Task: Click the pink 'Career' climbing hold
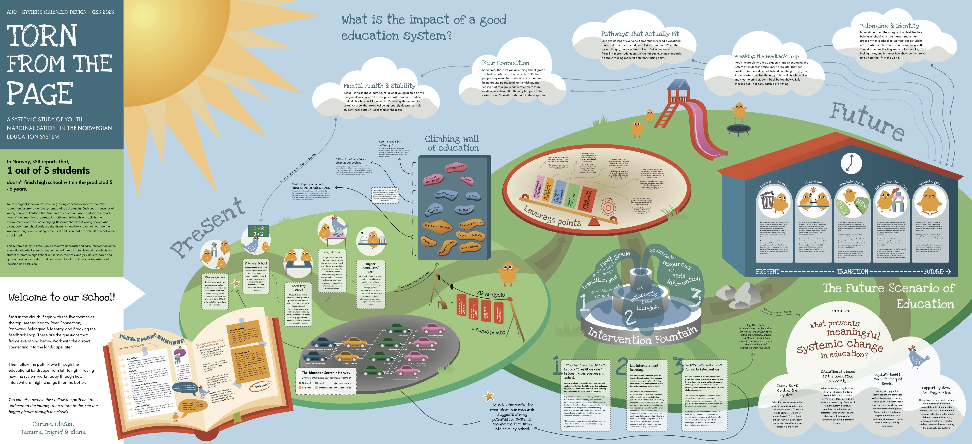(x=467, y=180)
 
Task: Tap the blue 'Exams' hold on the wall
(x=472, y=196)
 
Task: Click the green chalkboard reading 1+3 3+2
(x=258, y=231)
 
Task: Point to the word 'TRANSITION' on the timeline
(x=852, y=272)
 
